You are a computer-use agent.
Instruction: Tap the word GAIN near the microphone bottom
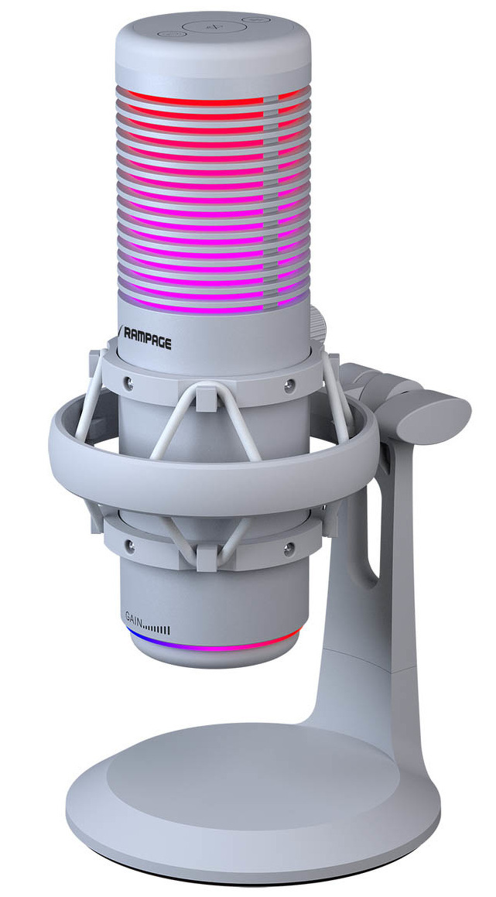point(133,618)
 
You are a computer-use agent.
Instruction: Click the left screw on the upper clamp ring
point(129,382)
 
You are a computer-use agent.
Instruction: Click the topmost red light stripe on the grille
point(193,98)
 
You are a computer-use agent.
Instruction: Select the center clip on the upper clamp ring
point(205,396)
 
